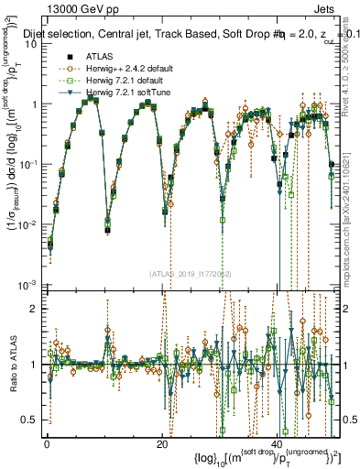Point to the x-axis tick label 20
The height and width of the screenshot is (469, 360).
click(161, 443)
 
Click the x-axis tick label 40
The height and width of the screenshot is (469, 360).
click(277, 443)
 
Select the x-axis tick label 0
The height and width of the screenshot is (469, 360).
click(47, 443)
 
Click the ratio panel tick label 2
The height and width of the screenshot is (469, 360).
click(35, 308)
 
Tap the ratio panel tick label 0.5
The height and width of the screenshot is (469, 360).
click(30, 420)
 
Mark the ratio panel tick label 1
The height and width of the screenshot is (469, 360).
click(35, 364)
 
